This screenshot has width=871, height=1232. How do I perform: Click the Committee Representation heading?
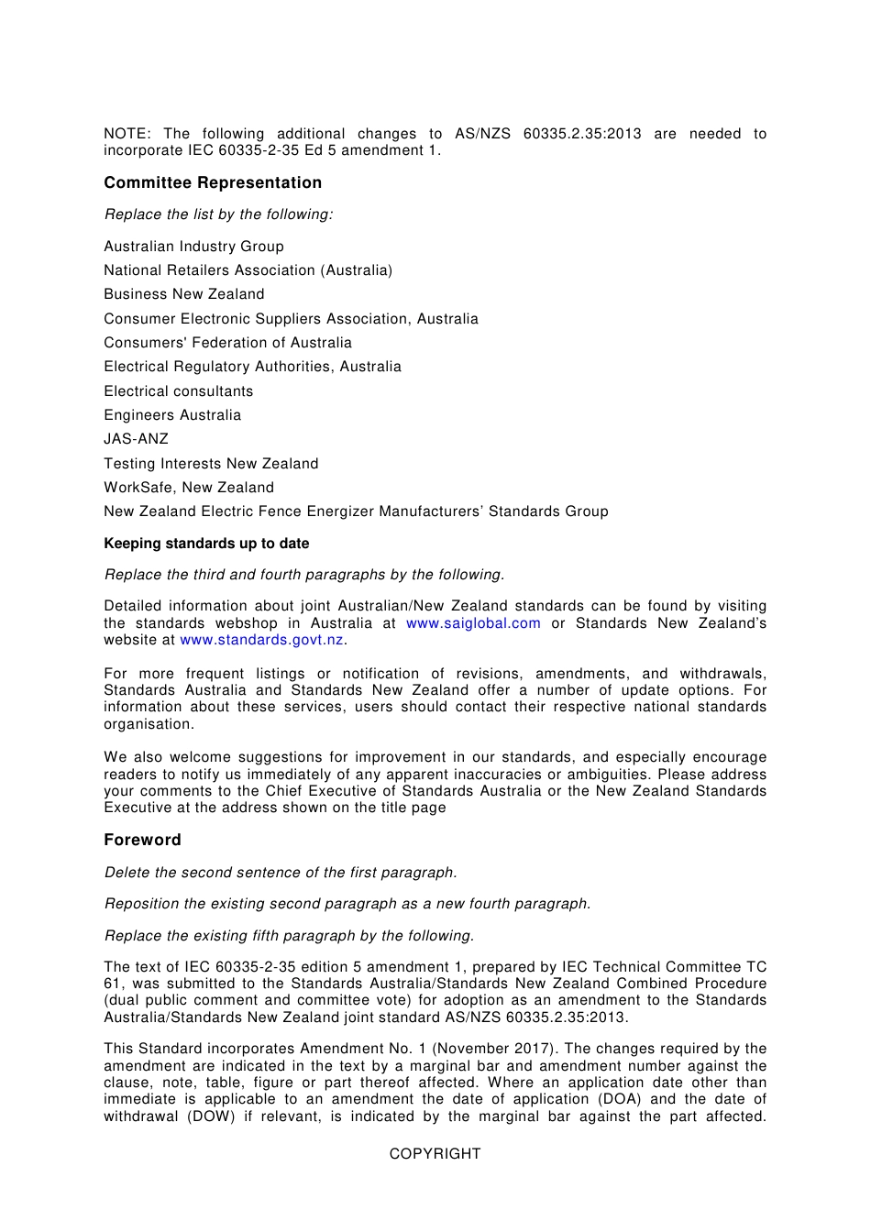tap(213, 182)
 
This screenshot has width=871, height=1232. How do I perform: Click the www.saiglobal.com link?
tap(473, 623)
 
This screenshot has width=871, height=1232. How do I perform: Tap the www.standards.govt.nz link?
tap(261, 640)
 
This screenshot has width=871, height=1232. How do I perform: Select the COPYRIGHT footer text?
tap(435, 1154)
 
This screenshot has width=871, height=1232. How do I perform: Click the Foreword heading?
tap(142, 840)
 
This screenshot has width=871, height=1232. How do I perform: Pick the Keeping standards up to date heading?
tap(206, 544)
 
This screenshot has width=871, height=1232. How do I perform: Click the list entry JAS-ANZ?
tap(136, 439)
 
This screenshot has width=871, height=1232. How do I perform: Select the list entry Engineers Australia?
tap(172, 415)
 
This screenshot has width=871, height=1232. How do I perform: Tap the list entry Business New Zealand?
tap(183, 294)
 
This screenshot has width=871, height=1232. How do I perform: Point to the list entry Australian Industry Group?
tap(193, 247)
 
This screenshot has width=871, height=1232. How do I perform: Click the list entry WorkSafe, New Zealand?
tap(189, 488)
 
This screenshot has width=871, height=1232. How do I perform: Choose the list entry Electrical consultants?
tap(178, 391)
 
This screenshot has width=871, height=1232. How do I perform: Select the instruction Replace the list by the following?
tap(218, 214)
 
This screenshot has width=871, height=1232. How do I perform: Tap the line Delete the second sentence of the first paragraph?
tap(281, 873)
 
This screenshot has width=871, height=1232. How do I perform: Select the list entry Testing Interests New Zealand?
tap(211, 464)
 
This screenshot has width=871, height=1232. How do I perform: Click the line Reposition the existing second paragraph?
tap(347, 904)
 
